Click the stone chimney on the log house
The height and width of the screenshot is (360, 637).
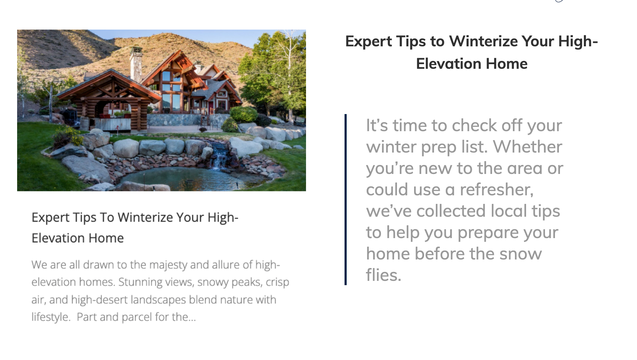[136, 64]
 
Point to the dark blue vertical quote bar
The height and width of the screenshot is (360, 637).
[346, 200]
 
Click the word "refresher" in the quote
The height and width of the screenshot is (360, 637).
[496, 190]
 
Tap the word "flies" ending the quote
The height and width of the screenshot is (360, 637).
[383, 275]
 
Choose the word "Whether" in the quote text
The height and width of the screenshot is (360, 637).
[528, 147]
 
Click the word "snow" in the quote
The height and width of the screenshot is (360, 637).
[520, 254]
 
